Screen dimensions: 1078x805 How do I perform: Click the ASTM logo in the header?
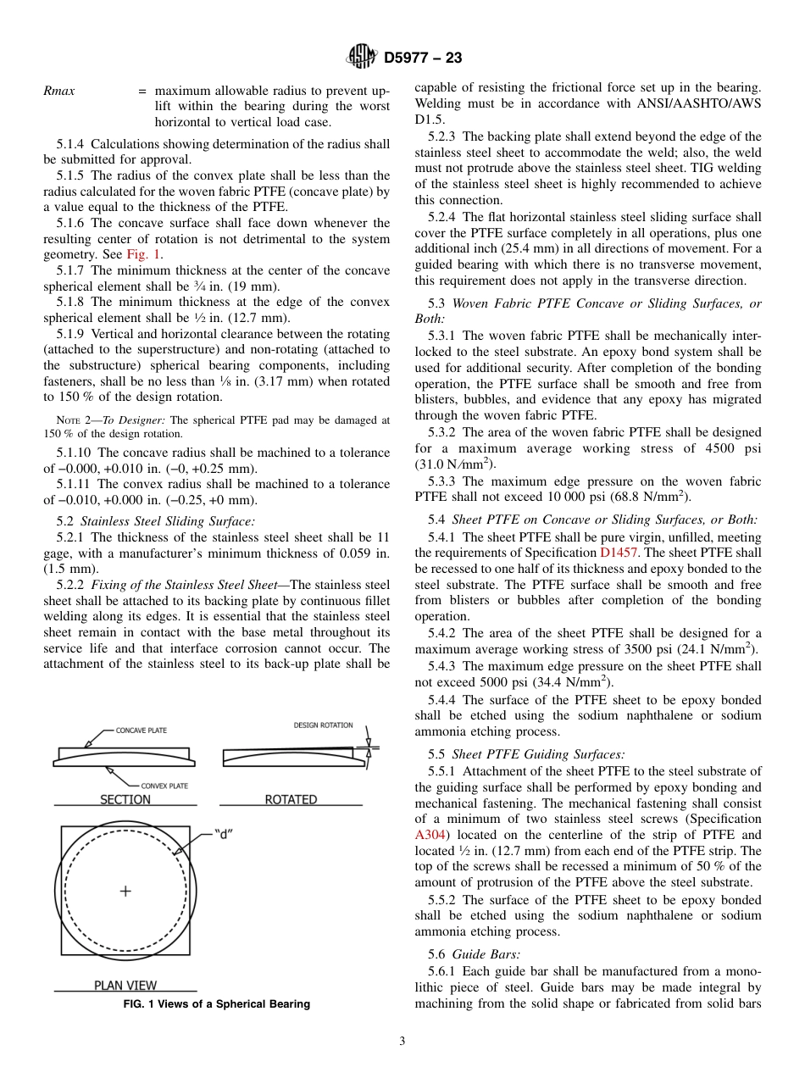click(362, 58)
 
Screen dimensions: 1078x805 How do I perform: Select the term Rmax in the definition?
click(58, 91)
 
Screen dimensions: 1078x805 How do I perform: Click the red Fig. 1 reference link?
click(145, 254)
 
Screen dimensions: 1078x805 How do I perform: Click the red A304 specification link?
click(429, 835)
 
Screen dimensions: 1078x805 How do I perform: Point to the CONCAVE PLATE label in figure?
click(141, 731)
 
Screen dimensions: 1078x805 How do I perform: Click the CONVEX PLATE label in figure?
click(164, 786)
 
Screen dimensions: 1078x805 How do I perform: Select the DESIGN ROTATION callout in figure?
click(323, 725)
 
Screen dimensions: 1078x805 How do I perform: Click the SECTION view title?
click(125, 800)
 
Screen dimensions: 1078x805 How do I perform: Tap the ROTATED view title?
click(291, 800)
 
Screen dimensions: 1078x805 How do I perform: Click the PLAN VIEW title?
click(125, 986)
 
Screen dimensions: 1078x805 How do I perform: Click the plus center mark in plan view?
click(125, 891)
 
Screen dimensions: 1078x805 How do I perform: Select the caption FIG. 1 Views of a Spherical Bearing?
click(217, 1004)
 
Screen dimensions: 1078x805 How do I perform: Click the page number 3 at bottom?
click(402, 1042)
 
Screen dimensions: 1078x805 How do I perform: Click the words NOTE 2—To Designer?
click(113, 420)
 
